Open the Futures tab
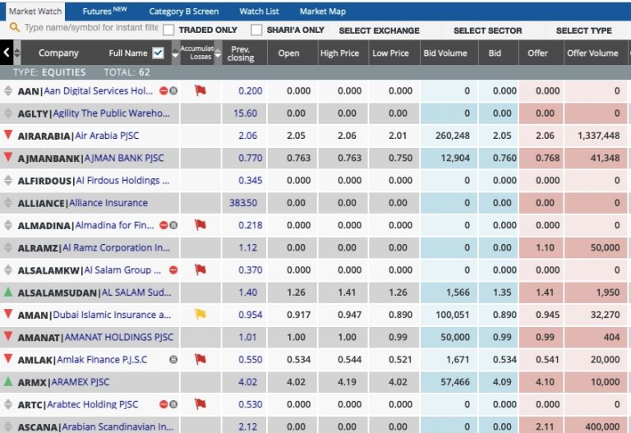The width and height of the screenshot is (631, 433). coord(104,12)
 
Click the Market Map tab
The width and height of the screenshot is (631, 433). coord(322,12)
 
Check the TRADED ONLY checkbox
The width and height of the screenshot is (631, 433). coord(168,30)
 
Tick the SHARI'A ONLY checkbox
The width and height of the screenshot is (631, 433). coord(256,30)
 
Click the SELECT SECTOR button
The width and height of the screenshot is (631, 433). coord(487,30)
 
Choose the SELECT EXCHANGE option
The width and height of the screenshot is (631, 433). coord(379,30)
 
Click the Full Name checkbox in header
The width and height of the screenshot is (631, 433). coord(159,53)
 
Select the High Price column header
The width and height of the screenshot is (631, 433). coord(340,53)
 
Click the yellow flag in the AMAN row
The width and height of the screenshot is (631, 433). coord(200,315)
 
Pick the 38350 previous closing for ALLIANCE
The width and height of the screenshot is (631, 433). coord(243,203)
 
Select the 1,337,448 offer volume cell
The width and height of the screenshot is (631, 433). coord(592,136)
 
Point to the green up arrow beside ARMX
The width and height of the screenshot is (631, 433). coord(8,382)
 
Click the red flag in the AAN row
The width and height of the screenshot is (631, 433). coord(200,90)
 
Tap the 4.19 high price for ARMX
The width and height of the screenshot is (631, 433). coord(349,382)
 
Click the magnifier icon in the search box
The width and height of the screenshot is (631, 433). coord(14,27)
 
